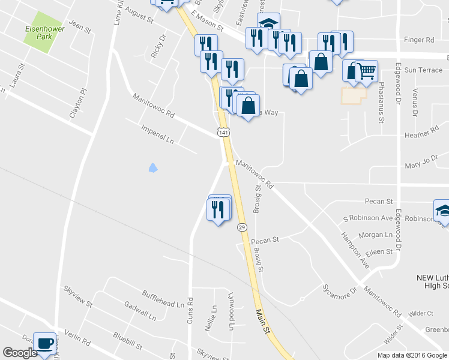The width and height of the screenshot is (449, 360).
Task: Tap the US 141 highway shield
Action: (223, 132)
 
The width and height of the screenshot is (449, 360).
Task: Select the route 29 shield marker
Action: (241, 227)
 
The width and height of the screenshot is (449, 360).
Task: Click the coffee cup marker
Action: (45, 344)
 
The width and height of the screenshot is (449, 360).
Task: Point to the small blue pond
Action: (152, 168)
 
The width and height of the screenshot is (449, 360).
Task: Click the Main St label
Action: (261, 318)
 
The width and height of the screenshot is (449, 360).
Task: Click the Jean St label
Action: (79, 26)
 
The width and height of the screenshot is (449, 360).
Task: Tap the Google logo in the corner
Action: (20, 353)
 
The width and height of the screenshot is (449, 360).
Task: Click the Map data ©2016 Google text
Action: (412, 355)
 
